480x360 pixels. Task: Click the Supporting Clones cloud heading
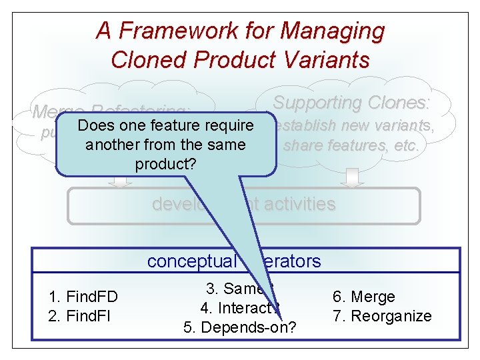pyautogui.click(x=351, y=103)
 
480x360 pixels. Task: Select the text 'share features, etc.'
pyautogui.click(x=351, y=145)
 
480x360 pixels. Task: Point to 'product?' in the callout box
pyautogui.click(x=165, y=163)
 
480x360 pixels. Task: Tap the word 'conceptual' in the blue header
pyautogui.click(x=191, y=261)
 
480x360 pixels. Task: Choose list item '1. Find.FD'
pyautogui.click(x=83, y=297)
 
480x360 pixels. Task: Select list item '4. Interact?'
pyautogui.click(x=239, y=308)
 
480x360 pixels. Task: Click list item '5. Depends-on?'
pyautogui.click(x=240, y=327)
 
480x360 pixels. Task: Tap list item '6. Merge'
pyautogui.click(x=363, y=297)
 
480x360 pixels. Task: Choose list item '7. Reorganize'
pyautogui.click(x=381, y=315)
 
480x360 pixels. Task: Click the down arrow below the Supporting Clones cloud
pyautogui.click(x=353, y=177)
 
